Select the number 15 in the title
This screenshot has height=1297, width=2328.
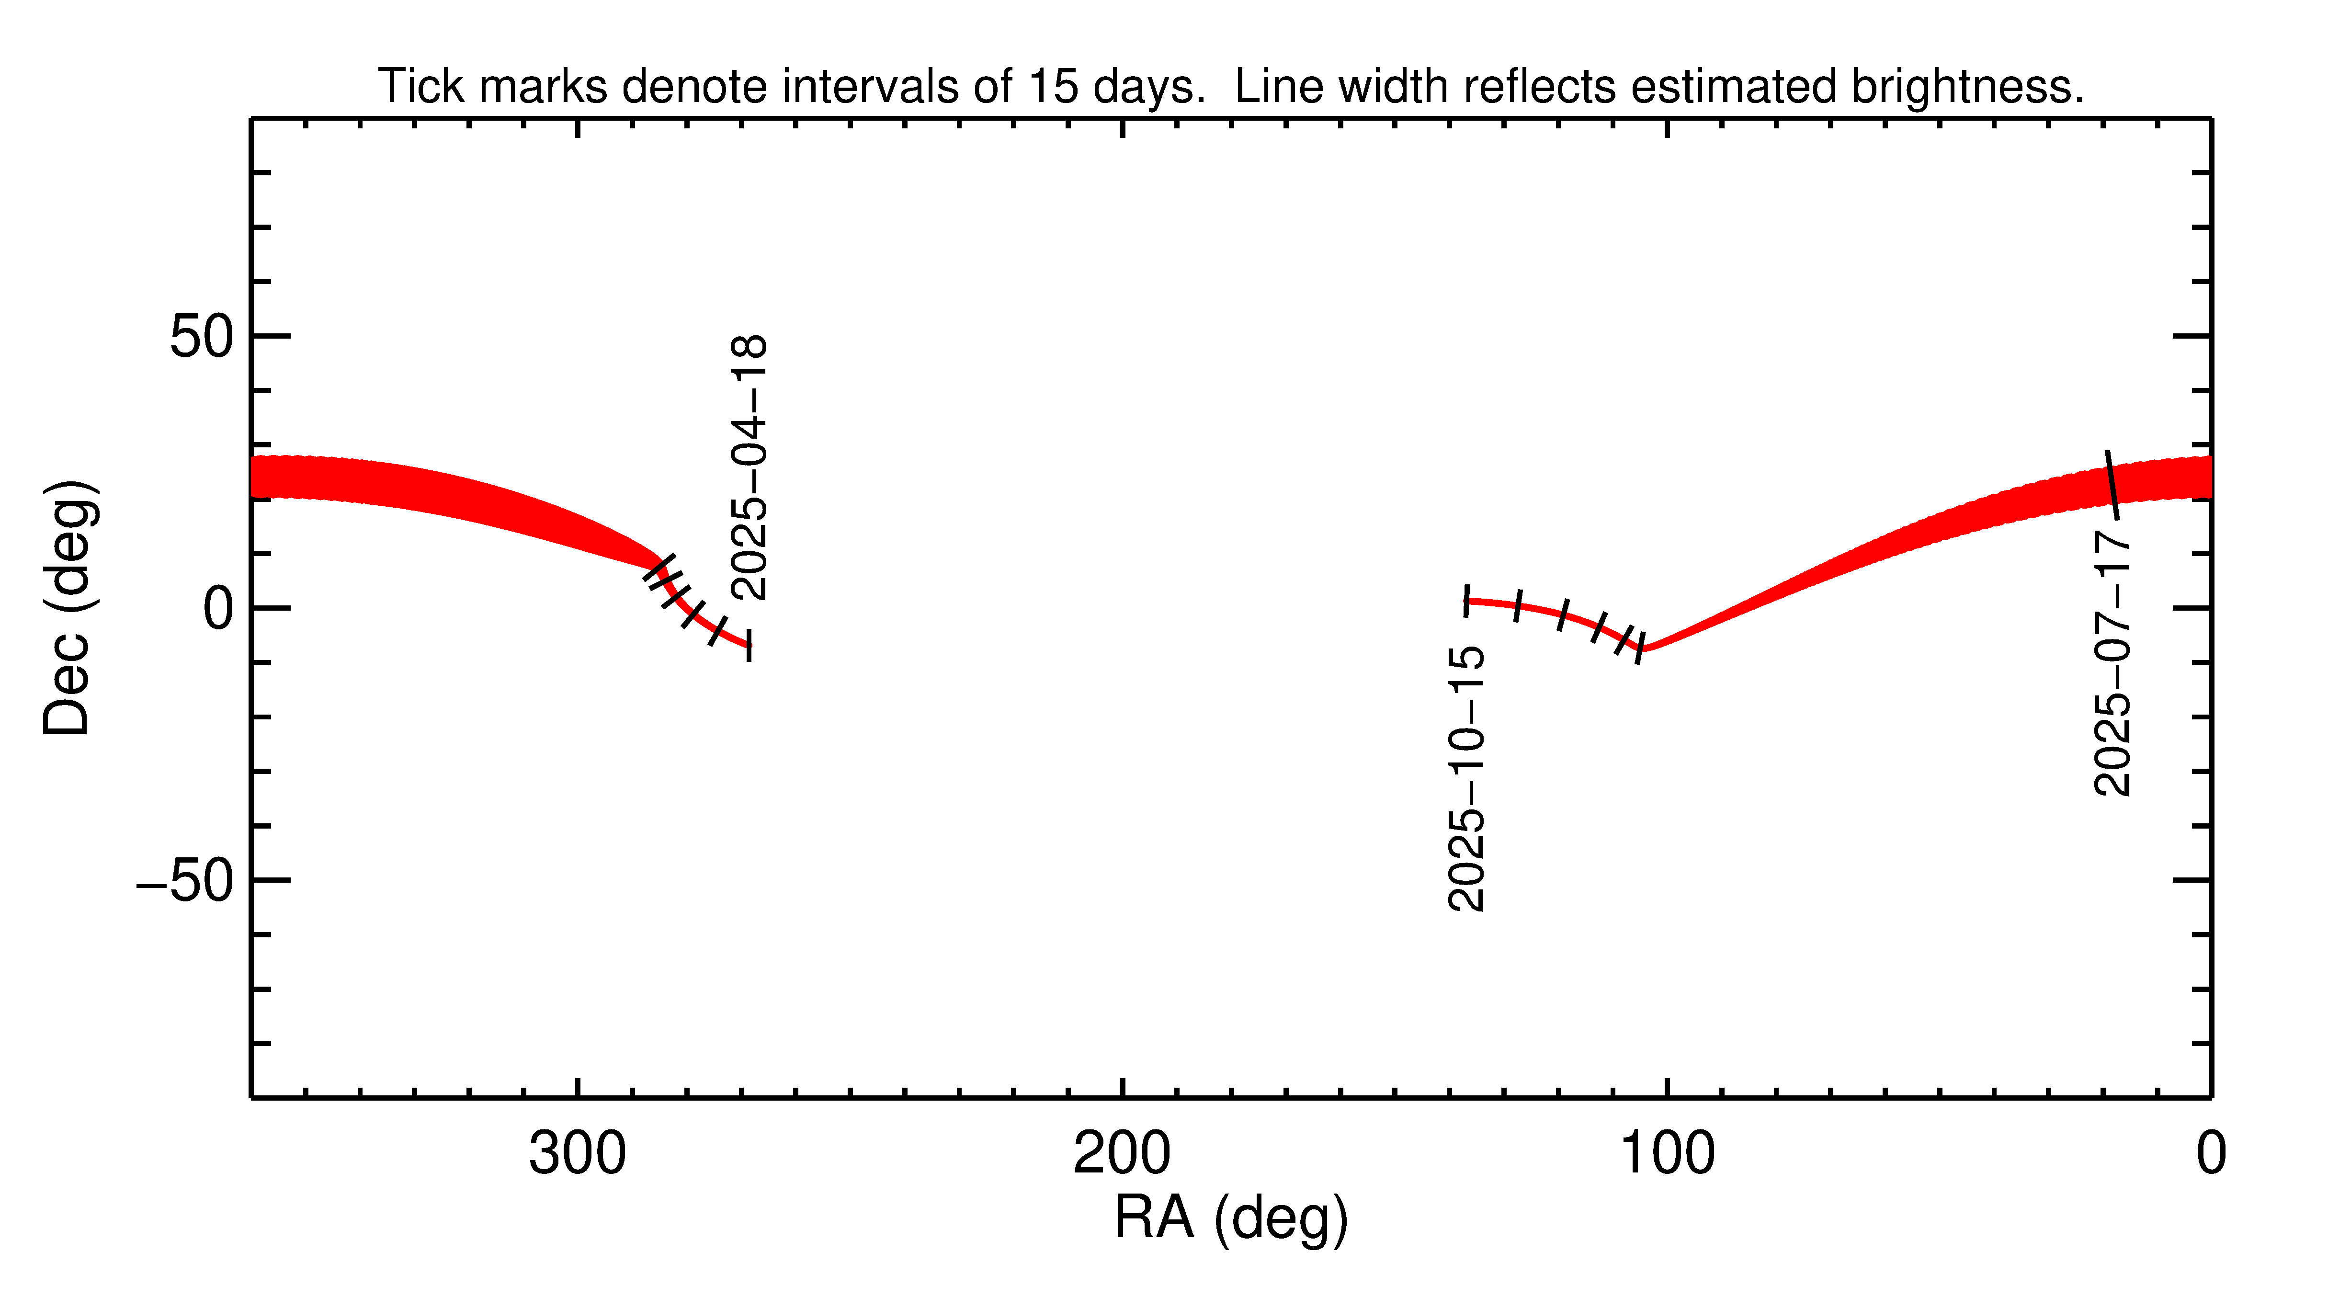[x=1053, y=87]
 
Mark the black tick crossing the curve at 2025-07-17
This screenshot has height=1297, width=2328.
[x=2112, y=485]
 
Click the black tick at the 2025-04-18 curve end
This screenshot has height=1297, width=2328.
[x=749, y=645]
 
